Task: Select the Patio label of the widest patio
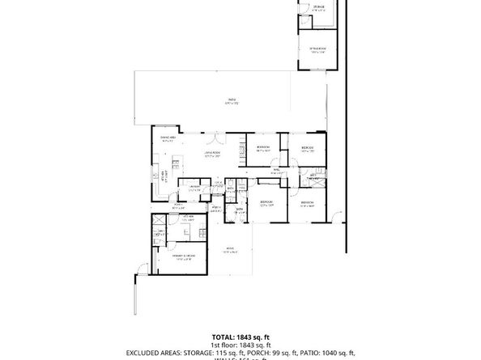pos(232,101)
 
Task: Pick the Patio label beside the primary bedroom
pos(230,251)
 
